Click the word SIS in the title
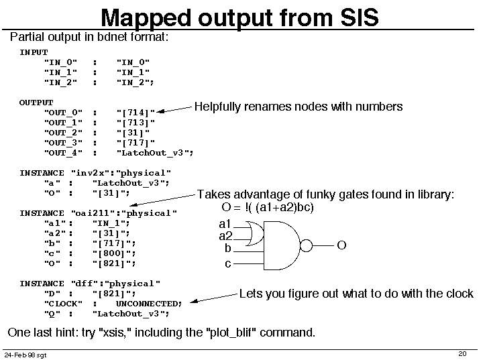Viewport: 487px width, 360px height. [x=360, y=17]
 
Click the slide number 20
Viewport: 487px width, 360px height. [x=462, y=353]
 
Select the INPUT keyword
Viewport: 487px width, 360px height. [x=34, y=52]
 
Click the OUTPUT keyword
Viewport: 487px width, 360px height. [x=36, y=103]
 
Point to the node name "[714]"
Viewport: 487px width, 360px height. [x=136, y=113]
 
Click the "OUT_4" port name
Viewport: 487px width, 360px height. [x=63, y=153]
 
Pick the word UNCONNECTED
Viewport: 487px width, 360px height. [x=148, y=304]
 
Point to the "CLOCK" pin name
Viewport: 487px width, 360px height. [x=63, y=304]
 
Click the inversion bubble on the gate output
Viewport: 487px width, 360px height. [x=306, y=246]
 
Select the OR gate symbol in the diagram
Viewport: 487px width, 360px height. [x=255, y=233]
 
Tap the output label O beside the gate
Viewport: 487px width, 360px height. [x=341, y=245]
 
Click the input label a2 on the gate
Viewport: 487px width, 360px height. [x=225, y=236]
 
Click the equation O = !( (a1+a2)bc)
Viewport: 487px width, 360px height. [x=268, y=207]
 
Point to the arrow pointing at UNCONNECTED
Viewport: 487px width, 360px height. [x=214, y=298]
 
